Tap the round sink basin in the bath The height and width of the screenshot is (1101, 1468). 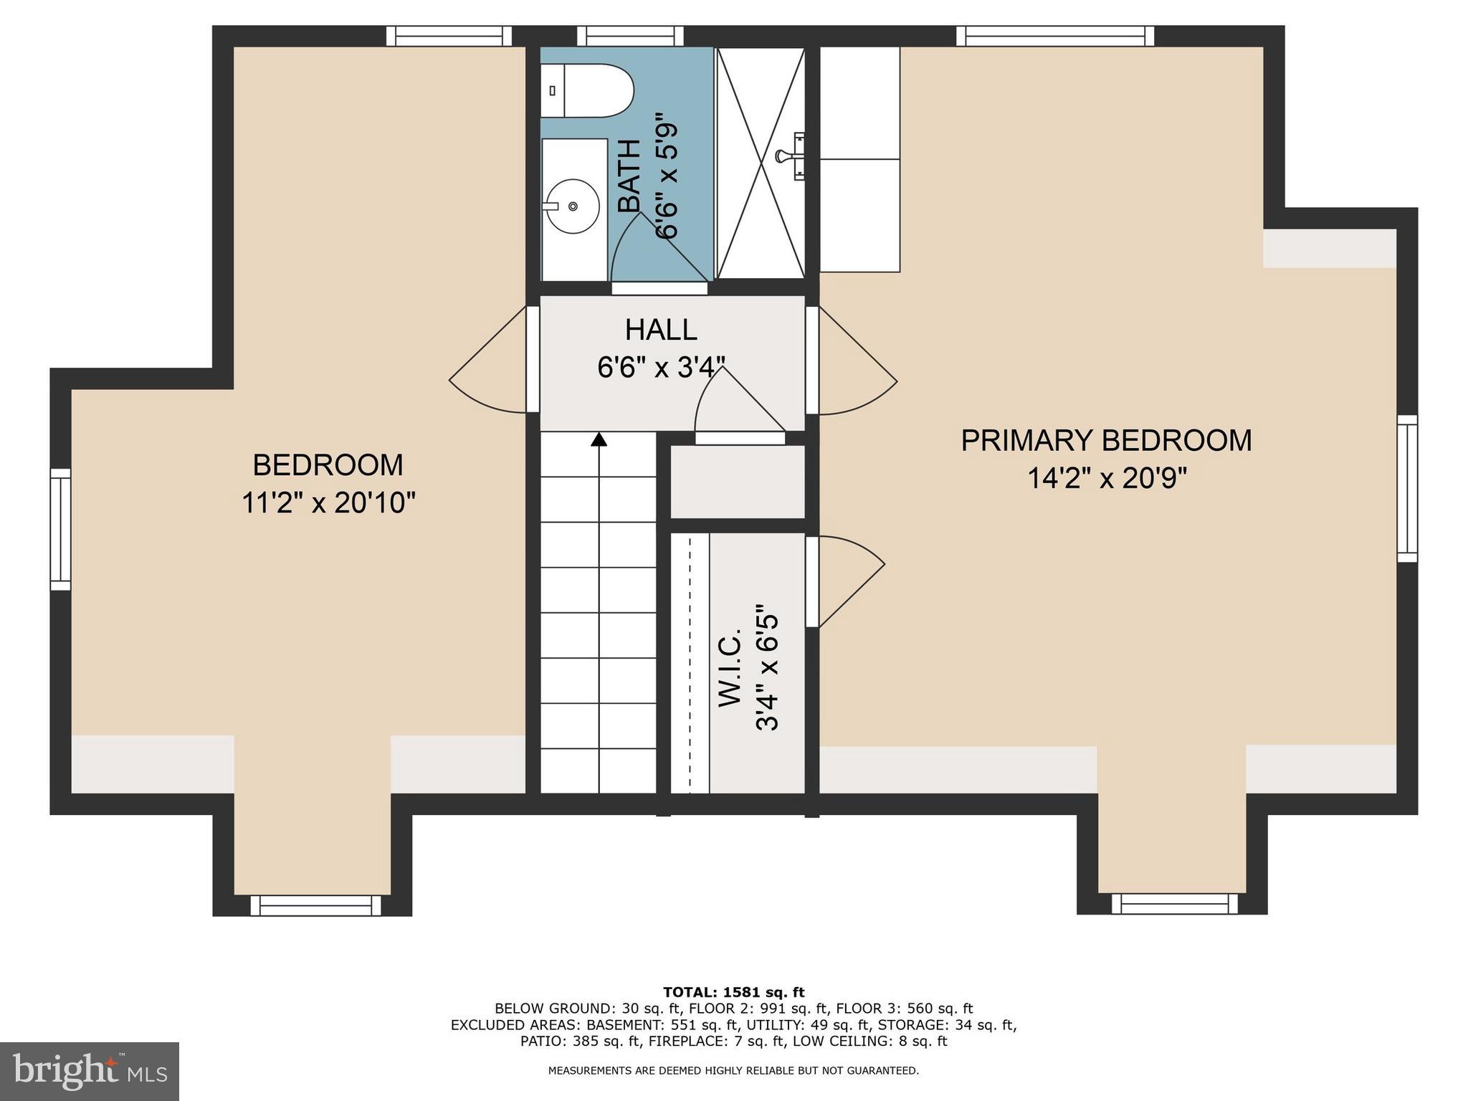(572, 206)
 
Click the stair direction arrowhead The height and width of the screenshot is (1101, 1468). (599, 439)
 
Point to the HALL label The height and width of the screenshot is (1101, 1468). (660, 330)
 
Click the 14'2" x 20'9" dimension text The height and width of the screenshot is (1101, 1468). (1107, 478)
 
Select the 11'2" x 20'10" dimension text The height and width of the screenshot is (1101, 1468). (328, 503)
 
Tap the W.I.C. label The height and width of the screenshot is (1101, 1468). (730, 669)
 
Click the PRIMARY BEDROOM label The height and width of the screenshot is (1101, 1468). (1106, 440)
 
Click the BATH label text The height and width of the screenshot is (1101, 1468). (629, 176)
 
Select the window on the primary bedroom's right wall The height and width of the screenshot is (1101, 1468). (1407, 488)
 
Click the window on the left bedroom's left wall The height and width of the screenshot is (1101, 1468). (60, 530)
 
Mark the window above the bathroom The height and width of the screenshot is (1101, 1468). (630, 36)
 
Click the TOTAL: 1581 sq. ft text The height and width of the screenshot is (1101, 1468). (733, 992)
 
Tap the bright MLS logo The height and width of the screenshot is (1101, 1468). (90, 1071)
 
